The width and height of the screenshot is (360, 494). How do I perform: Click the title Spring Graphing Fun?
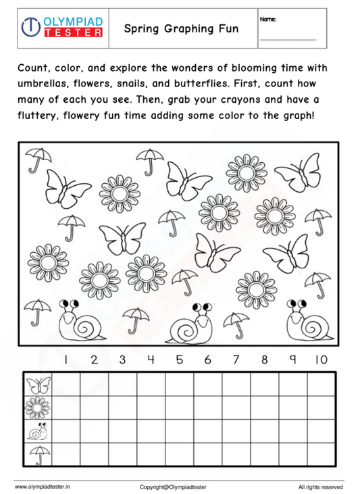[x=182, y=29]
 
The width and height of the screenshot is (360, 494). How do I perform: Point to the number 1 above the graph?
[x=66, y=360]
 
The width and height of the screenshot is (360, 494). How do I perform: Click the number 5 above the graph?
[x=179, y=360]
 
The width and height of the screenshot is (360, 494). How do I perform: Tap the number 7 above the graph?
[x=236, y=360]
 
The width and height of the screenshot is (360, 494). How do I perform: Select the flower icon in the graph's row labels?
[x=38, y=408]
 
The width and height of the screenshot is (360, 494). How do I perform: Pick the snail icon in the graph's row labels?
[x=38, y=431]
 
